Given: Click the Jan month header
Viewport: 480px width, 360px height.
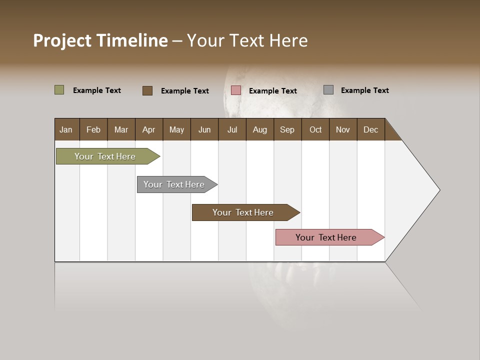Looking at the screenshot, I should coord(66,129).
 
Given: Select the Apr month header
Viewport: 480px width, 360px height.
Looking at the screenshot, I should coord(148,129).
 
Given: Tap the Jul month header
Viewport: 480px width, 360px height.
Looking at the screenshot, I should coord(232,129).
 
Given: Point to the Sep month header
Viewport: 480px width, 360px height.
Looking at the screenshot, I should coord(287,129).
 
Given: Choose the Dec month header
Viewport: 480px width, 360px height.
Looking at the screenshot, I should coord(370,129).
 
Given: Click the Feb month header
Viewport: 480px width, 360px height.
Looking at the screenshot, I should coord(93,129).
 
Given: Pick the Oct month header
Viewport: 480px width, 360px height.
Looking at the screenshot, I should coord(315,129).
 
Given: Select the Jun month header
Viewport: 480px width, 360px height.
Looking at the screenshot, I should coord(204,129).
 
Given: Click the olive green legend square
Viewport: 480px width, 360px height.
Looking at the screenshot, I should coord(59,90).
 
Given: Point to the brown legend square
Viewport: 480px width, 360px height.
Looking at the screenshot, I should coord(147,90).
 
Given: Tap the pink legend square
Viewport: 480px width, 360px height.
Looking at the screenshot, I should coord(236,90).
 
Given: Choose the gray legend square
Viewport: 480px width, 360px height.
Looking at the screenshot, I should coord(328,90).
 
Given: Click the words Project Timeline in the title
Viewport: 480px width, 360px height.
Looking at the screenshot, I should coord(100,40).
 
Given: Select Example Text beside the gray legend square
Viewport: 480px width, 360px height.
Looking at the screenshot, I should coord(364,90).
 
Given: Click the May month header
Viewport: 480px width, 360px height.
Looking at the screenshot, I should coord(176,129).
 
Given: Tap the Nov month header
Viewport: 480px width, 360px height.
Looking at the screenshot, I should coord(342,129).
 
